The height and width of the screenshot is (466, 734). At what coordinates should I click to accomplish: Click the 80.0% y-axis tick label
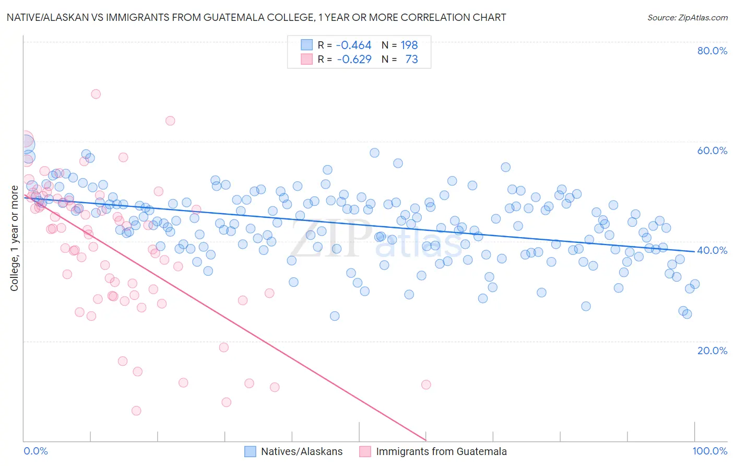click(712, 51)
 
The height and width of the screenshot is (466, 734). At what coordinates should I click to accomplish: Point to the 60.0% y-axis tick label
click(712, 150)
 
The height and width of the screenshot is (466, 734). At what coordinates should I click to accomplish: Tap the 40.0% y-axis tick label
click(712, 250)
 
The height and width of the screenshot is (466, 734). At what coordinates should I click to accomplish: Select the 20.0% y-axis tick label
click(712, 350)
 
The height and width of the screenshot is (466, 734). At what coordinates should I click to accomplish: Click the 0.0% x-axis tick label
click(35, 451)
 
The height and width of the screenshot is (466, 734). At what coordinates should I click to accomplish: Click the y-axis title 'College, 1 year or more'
click(15, 238)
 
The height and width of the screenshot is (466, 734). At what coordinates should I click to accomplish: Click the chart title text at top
click(256, 17)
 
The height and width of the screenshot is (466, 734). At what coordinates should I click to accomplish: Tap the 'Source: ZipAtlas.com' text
click(687, 17)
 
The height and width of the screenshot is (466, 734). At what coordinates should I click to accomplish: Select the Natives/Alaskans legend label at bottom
click(302, 451)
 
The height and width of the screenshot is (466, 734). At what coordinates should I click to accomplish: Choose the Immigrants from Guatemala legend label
click(441, 451)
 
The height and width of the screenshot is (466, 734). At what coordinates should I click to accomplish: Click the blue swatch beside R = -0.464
click(306, 45)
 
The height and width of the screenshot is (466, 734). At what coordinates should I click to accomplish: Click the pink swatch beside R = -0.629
click(306, 60)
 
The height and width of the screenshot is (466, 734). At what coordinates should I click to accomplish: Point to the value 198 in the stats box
click(409, 45)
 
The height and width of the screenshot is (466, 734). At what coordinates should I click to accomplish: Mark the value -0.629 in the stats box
click(354, 60)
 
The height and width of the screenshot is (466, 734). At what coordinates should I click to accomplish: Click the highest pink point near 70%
click(96, 94)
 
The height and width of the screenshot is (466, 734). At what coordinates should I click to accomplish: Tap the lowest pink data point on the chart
click(136, 411)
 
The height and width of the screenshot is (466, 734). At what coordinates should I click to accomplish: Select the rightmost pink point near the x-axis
click(426, 385)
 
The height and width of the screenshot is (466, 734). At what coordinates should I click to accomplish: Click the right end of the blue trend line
click(694, 251)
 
